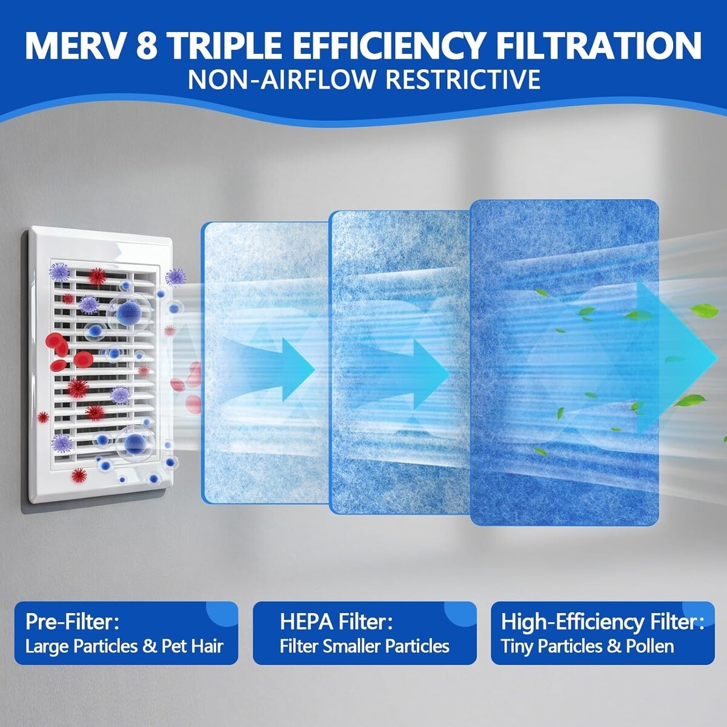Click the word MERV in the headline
[x=76, y=45]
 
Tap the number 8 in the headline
[x=147, y=45]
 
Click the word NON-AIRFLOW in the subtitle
[x=278, y=79]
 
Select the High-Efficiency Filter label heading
[x=602, y=623]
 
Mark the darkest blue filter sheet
[x=565, y=362]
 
